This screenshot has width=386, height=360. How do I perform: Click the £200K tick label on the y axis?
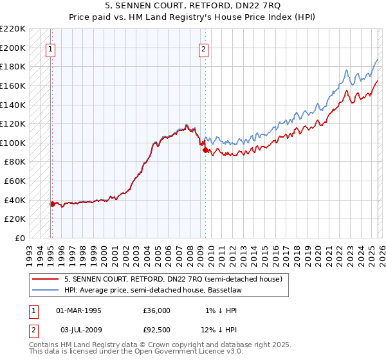click(14, 48)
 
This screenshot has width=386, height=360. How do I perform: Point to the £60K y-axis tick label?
click(15, 181)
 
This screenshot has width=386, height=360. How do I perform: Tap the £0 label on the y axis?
click(21, 239)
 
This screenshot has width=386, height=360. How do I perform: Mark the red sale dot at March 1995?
click(52, 204)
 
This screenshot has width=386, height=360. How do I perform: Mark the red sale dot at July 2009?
click(205, 150)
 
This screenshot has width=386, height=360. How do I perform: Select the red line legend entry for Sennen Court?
click(172, 280)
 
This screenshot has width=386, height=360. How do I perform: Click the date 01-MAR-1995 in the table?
click(78, 310)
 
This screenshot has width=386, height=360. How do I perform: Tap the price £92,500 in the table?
click(157, 330)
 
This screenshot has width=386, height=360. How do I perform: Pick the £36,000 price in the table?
click(157, 310)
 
